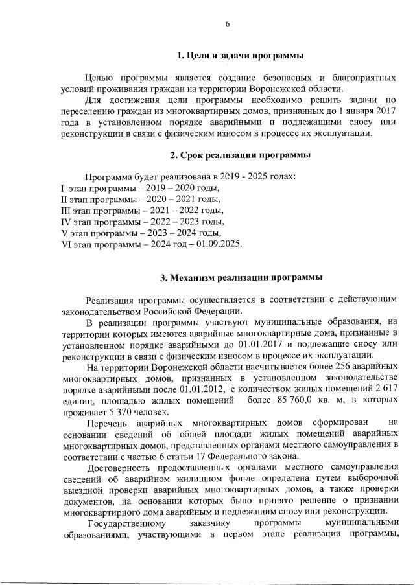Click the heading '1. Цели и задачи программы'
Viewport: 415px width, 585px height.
tap(241, 56)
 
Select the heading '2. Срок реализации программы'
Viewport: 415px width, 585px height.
tap(240, 155)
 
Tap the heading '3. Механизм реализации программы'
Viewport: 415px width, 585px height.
tap(241, 278)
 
